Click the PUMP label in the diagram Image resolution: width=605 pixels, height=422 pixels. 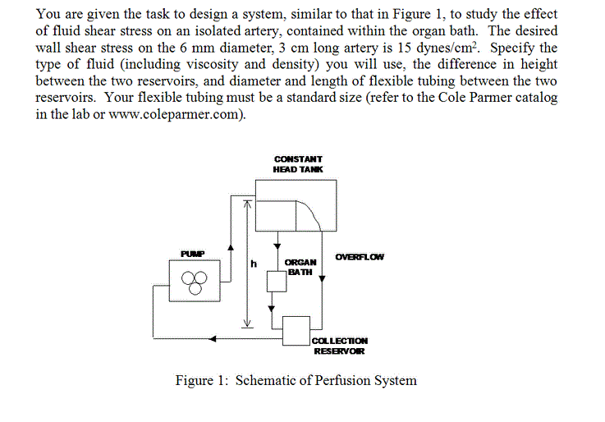pyautogui.click(x=195, y=252)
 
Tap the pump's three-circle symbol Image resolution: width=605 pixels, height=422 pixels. pyautogui.click(x=195, y=284)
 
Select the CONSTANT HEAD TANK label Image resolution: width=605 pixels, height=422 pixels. pyautogui.click(x=298, y=163)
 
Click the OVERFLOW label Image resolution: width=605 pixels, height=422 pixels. pyautogui.click(x=359, y=257)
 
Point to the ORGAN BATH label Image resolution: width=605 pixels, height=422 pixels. pyautogui.click(x=300, y=267)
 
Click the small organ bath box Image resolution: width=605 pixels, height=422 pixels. pyautogui.click(x=275, y=282)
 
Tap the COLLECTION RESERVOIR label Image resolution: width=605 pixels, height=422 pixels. pyautogui.click(x=341, y=346)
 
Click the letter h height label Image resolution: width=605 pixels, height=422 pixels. pyautogui.click(x=254, y=264)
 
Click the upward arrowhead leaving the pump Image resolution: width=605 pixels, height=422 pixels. pyautogui.click(x=231, y=245)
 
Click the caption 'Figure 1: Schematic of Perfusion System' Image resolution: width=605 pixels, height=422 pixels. pyautogui.click(x=296, y=380)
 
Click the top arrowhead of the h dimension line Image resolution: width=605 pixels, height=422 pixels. pyautogui.click(x=244, y=209)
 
